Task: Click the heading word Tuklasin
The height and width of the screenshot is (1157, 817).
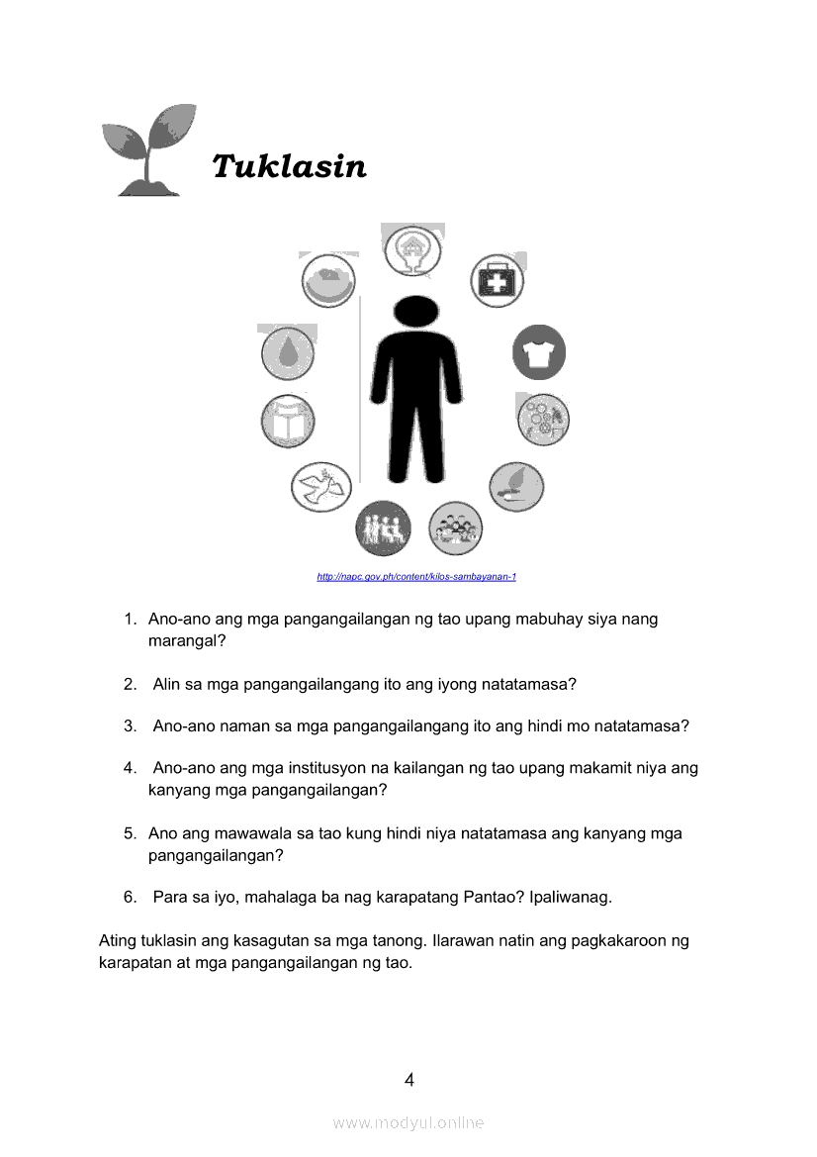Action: click(289, 166)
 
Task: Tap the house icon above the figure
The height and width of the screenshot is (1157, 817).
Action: click(411, 249)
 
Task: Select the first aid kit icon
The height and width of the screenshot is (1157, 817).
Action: click(497, 281)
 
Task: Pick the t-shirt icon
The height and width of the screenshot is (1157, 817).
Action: click(539, 353)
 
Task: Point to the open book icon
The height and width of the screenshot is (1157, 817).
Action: click(288, 421)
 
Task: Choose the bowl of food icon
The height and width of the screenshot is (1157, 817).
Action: click(328, 281)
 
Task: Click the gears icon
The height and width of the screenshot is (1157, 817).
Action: click(543, 420)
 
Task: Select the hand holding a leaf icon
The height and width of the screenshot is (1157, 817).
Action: click(516, 487)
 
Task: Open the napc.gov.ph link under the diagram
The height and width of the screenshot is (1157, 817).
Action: click(416, 577)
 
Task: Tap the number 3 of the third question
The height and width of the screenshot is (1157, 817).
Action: click(130, 726)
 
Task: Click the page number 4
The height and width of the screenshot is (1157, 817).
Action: click(408, 1080)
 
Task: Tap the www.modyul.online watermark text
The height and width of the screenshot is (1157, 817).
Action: click(408, 1122)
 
